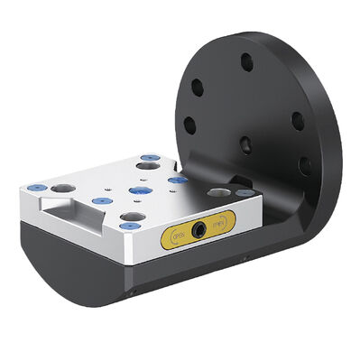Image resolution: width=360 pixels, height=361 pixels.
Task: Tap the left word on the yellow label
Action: coord(179,239)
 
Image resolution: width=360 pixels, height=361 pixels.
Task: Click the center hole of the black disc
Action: coord(244,142)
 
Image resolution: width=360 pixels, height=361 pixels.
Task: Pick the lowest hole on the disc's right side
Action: coord(302,165)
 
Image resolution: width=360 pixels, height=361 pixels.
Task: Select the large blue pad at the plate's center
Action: coord(139,190)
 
